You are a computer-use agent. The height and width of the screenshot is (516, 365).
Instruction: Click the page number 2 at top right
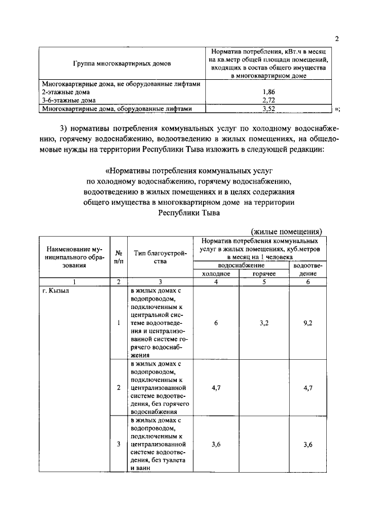tap(337, 39)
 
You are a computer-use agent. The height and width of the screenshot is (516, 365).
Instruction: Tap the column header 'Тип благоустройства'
tap(160, 257)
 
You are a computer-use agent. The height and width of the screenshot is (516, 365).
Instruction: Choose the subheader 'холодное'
tap(216, 274)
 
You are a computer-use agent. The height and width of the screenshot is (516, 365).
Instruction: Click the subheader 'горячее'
tap(265, 274)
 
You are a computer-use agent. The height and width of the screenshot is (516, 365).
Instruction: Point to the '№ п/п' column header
tap(119, 257)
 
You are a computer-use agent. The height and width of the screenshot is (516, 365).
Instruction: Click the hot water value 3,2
tap(265, 323)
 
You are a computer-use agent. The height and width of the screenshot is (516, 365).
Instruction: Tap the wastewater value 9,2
tap(309, 323)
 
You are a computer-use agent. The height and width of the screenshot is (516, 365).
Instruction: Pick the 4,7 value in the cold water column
tap(216, 388)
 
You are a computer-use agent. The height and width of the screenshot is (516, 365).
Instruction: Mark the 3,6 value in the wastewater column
tap(309, 445)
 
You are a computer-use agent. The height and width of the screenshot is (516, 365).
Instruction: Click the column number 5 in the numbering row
tap(265, 282)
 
